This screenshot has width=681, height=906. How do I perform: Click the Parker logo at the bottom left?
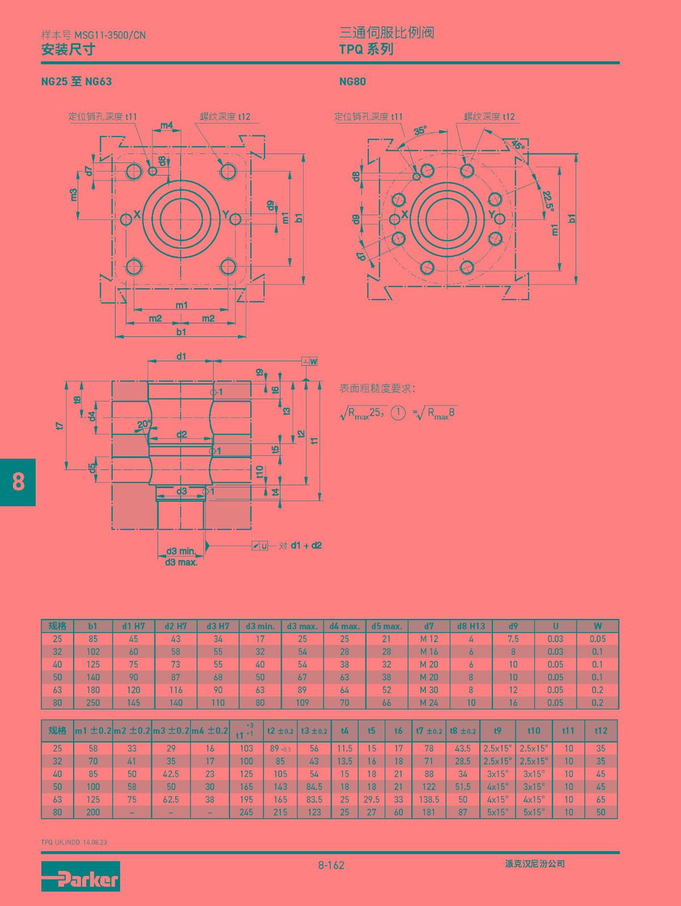(80, 876)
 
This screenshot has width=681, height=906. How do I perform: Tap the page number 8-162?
(331, 865)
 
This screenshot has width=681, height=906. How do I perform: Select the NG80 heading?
(352, 82)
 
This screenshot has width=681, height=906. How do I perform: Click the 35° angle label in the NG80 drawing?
(420, 131)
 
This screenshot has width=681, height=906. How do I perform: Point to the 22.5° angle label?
(548, 200)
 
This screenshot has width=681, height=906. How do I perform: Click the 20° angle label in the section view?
(144, 424)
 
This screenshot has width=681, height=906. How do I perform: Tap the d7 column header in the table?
(429, 626)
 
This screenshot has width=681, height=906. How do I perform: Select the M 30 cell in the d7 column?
(429, 690)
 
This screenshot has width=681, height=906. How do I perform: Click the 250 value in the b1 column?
(93, 703)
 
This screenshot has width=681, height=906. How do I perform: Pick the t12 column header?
(601, 730)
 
